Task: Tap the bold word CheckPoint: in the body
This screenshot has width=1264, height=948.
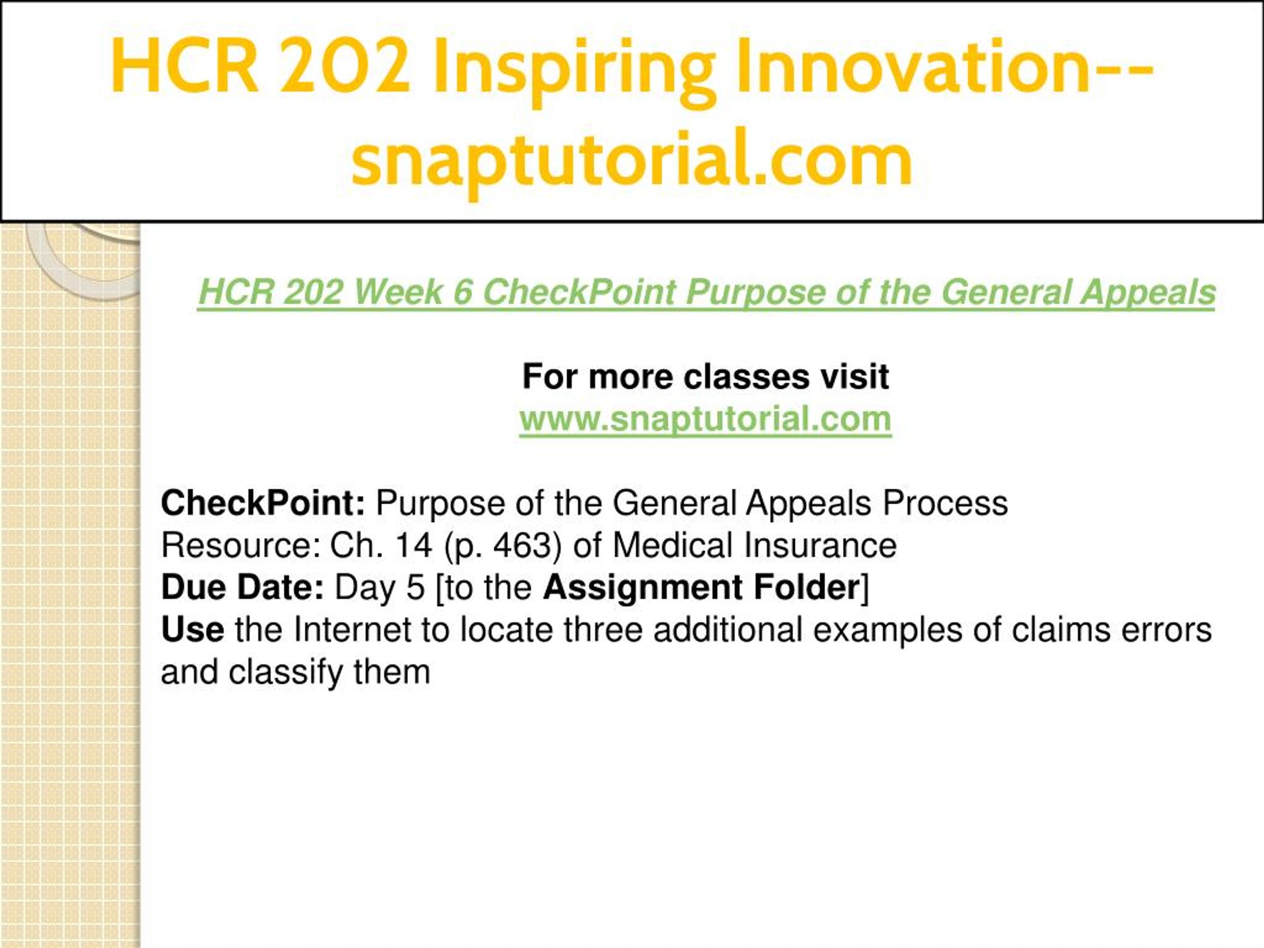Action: pyautogui.click(x=263, y=503)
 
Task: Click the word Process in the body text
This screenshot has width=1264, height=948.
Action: pyautogui.click(x=945, y=503)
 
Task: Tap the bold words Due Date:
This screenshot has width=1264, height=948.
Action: pyautogui.click(x=243, y=588)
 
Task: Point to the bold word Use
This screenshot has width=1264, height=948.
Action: pyautogui.click(x=193, y=630)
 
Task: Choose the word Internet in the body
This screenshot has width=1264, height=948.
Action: pyautogui.click(x=353, y=630)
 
